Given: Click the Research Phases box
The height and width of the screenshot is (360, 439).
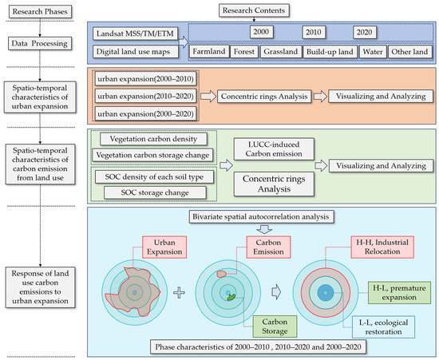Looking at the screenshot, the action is point(40,12).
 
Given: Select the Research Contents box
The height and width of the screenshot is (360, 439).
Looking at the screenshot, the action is point(254,10).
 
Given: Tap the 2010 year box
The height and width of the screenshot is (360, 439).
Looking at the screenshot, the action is point(314,32).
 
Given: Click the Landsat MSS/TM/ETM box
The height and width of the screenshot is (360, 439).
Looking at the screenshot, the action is point(135,34).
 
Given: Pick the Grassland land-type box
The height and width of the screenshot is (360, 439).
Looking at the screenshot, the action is point(281,52).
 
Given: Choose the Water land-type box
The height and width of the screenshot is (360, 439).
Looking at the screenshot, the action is point(373,52).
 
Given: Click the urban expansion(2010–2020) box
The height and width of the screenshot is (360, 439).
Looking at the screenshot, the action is point(145,97).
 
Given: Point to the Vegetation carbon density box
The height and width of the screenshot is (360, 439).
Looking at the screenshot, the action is point(153,139).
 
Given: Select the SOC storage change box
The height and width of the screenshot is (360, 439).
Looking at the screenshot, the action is point(155,192).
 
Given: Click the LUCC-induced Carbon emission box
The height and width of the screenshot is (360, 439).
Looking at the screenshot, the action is point(274,149).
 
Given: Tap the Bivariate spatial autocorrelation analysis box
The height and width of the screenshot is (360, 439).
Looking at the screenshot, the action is point(262,216).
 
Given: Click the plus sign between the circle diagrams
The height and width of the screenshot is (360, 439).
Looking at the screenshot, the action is point(179,293).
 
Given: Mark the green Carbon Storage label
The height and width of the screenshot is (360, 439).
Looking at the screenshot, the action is point(275,326).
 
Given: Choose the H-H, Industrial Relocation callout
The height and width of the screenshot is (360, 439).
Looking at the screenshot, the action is point(382,247).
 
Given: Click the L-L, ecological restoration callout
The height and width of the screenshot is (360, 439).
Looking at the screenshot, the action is point(383,327).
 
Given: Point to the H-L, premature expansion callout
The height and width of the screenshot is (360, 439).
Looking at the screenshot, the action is point(399,293).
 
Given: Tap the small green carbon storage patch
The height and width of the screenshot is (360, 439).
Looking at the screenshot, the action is point(231,297).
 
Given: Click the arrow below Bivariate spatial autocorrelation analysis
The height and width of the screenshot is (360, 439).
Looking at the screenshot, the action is point(264,229).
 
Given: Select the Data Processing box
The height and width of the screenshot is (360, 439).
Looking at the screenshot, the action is point(40,44).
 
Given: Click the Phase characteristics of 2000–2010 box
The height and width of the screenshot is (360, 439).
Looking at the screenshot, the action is point(258,347).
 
